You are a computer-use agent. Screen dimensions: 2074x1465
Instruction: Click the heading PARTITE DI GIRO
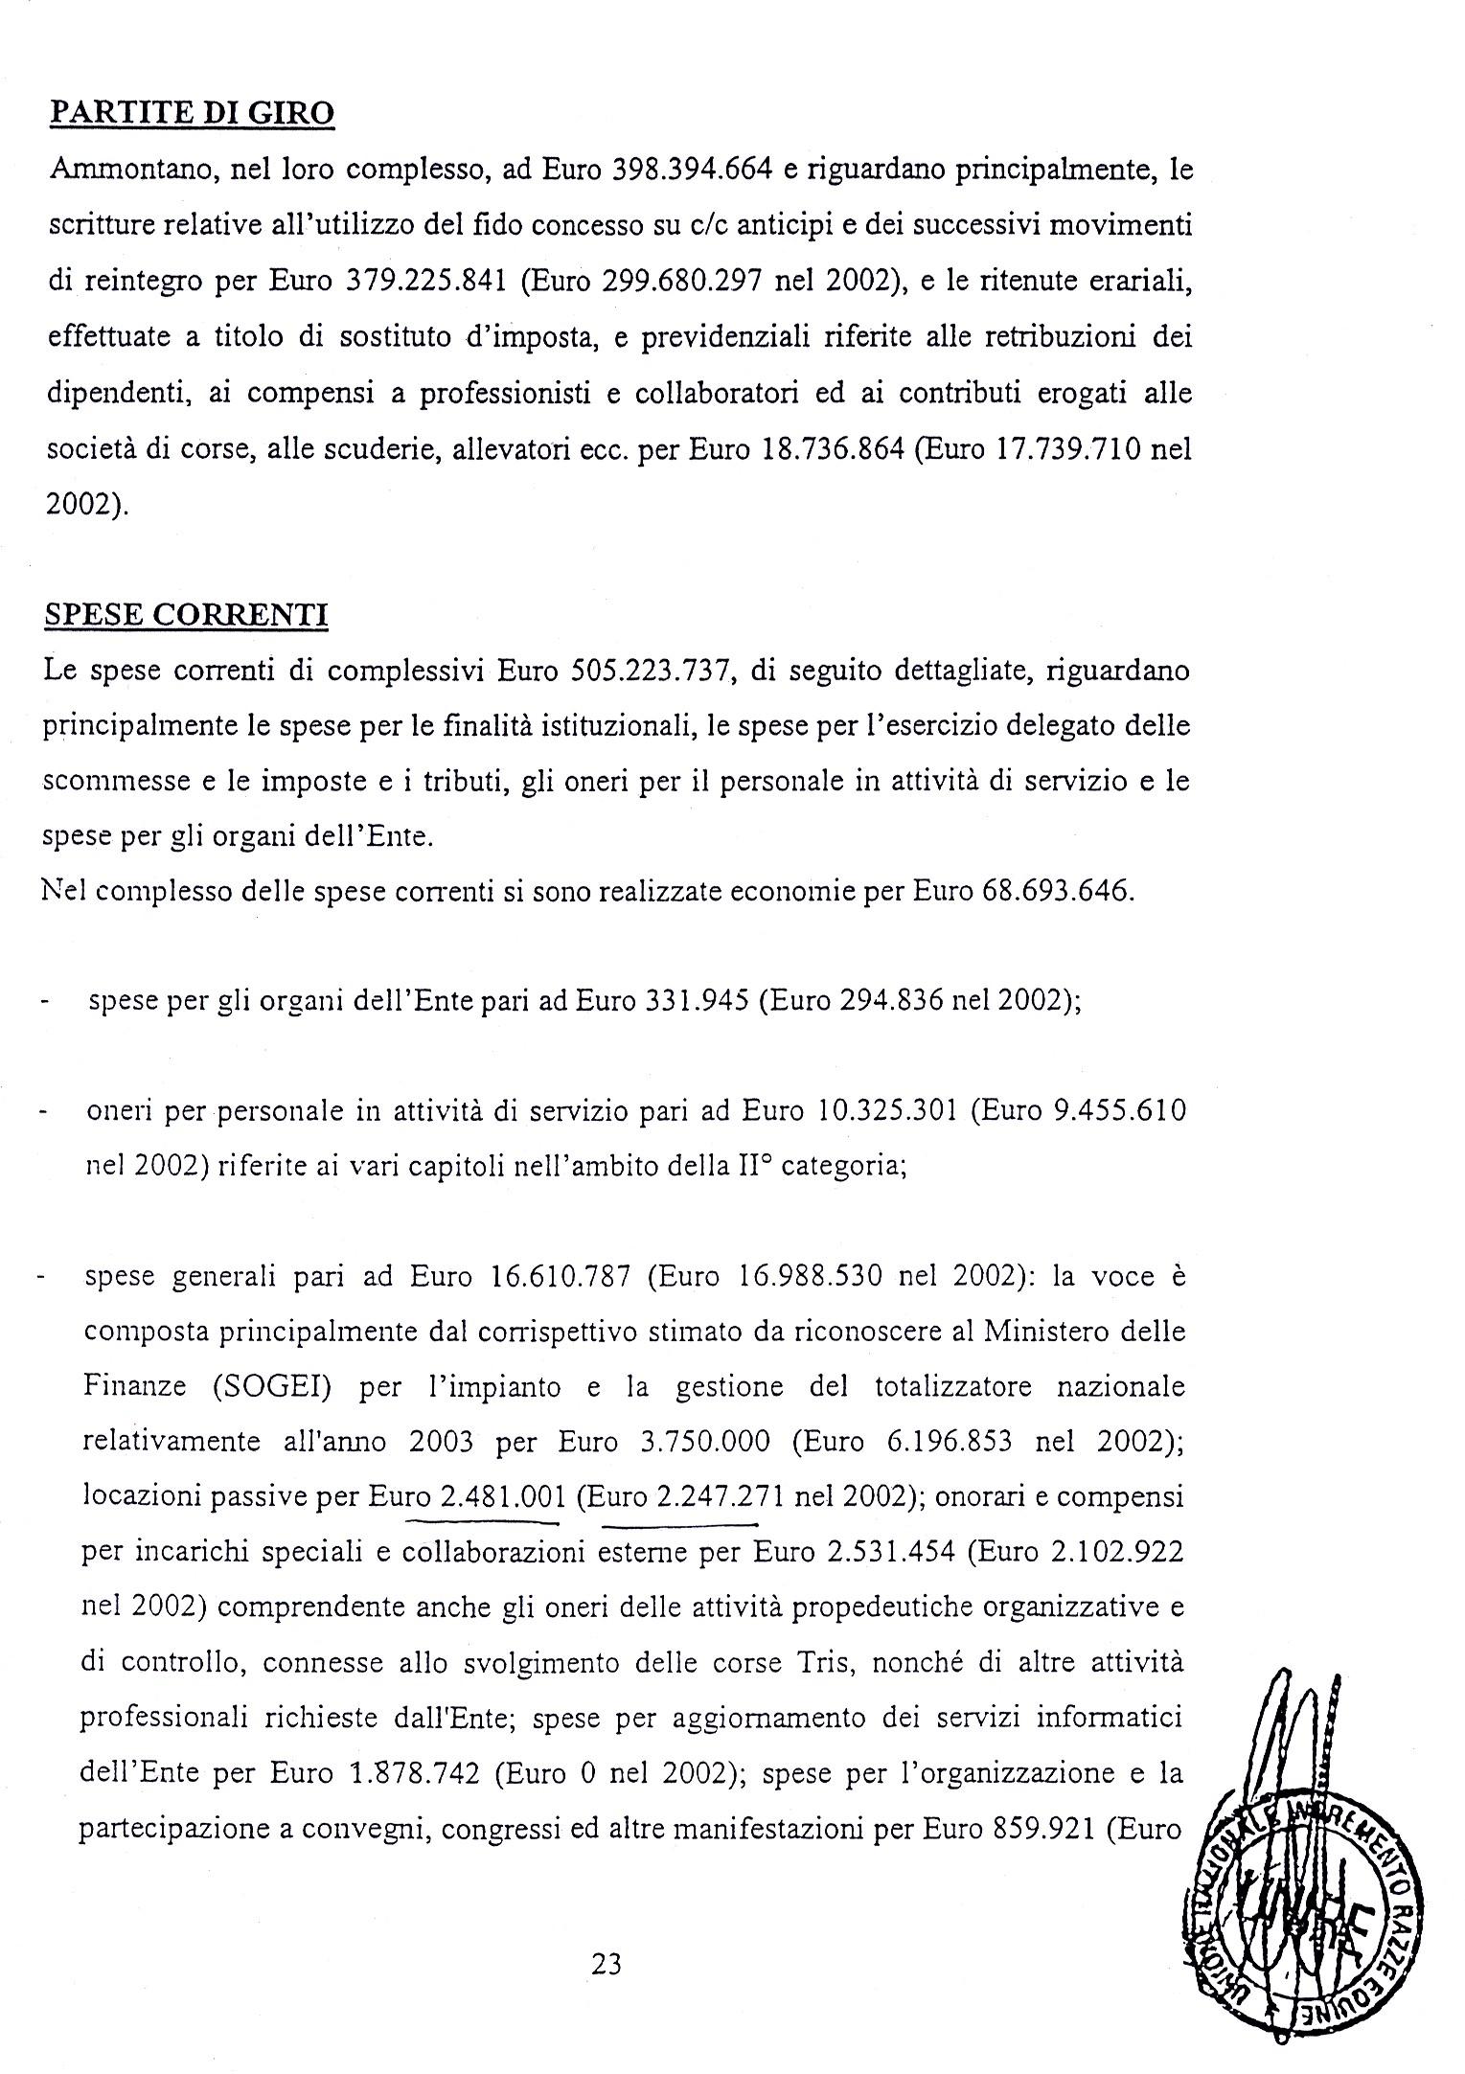(191, 113)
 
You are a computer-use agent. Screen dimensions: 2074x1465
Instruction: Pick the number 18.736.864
(831, 449)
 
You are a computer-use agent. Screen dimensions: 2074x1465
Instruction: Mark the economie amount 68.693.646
(1059, 891)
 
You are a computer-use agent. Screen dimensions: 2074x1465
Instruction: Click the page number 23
(607, 1966)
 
